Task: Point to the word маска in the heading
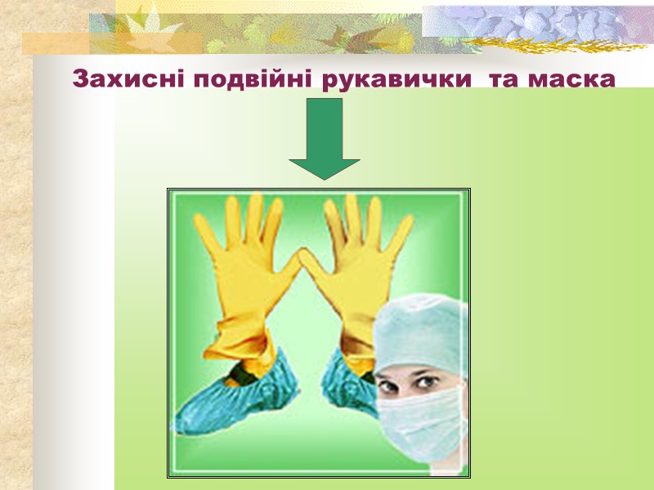(x=573, y=80)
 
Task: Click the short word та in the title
(x=499, y=80)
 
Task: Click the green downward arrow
(x=325, y=139)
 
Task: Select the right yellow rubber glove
(x=360, y=269)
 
